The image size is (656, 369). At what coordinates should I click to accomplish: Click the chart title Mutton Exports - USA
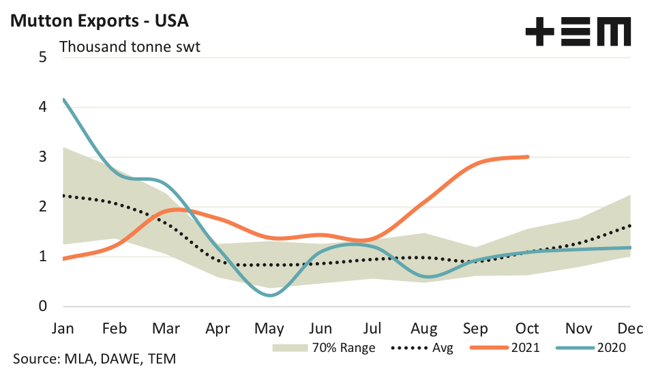[x=99, y=20]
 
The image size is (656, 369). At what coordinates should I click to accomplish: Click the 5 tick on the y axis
[x=42, y=57]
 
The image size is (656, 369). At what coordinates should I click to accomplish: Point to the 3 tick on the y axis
[x=42, y=157]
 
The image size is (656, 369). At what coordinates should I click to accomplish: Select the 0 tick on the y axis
[x=42, y=307]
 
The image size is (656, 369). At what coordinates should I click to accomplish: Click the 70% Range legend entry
[x=324, y=348]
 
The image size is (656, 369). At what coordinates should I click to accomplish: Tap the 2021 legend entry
[x=507, y=348]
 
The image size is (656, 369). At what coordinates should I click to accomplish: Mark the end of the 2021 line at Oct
[x=528, y=157]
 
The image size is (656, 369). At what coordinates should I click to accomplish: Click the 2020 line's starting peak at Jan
[x=63, y=100]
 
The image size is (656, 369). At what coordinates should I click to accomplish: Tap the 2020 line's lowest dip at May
[x=271, y=295]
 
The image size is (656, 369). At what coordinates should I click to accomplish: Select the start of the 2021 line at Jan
[x=63, y=259]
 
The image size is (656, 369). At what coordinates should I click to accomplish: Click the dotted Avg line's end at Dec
[x=630, y=225]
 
